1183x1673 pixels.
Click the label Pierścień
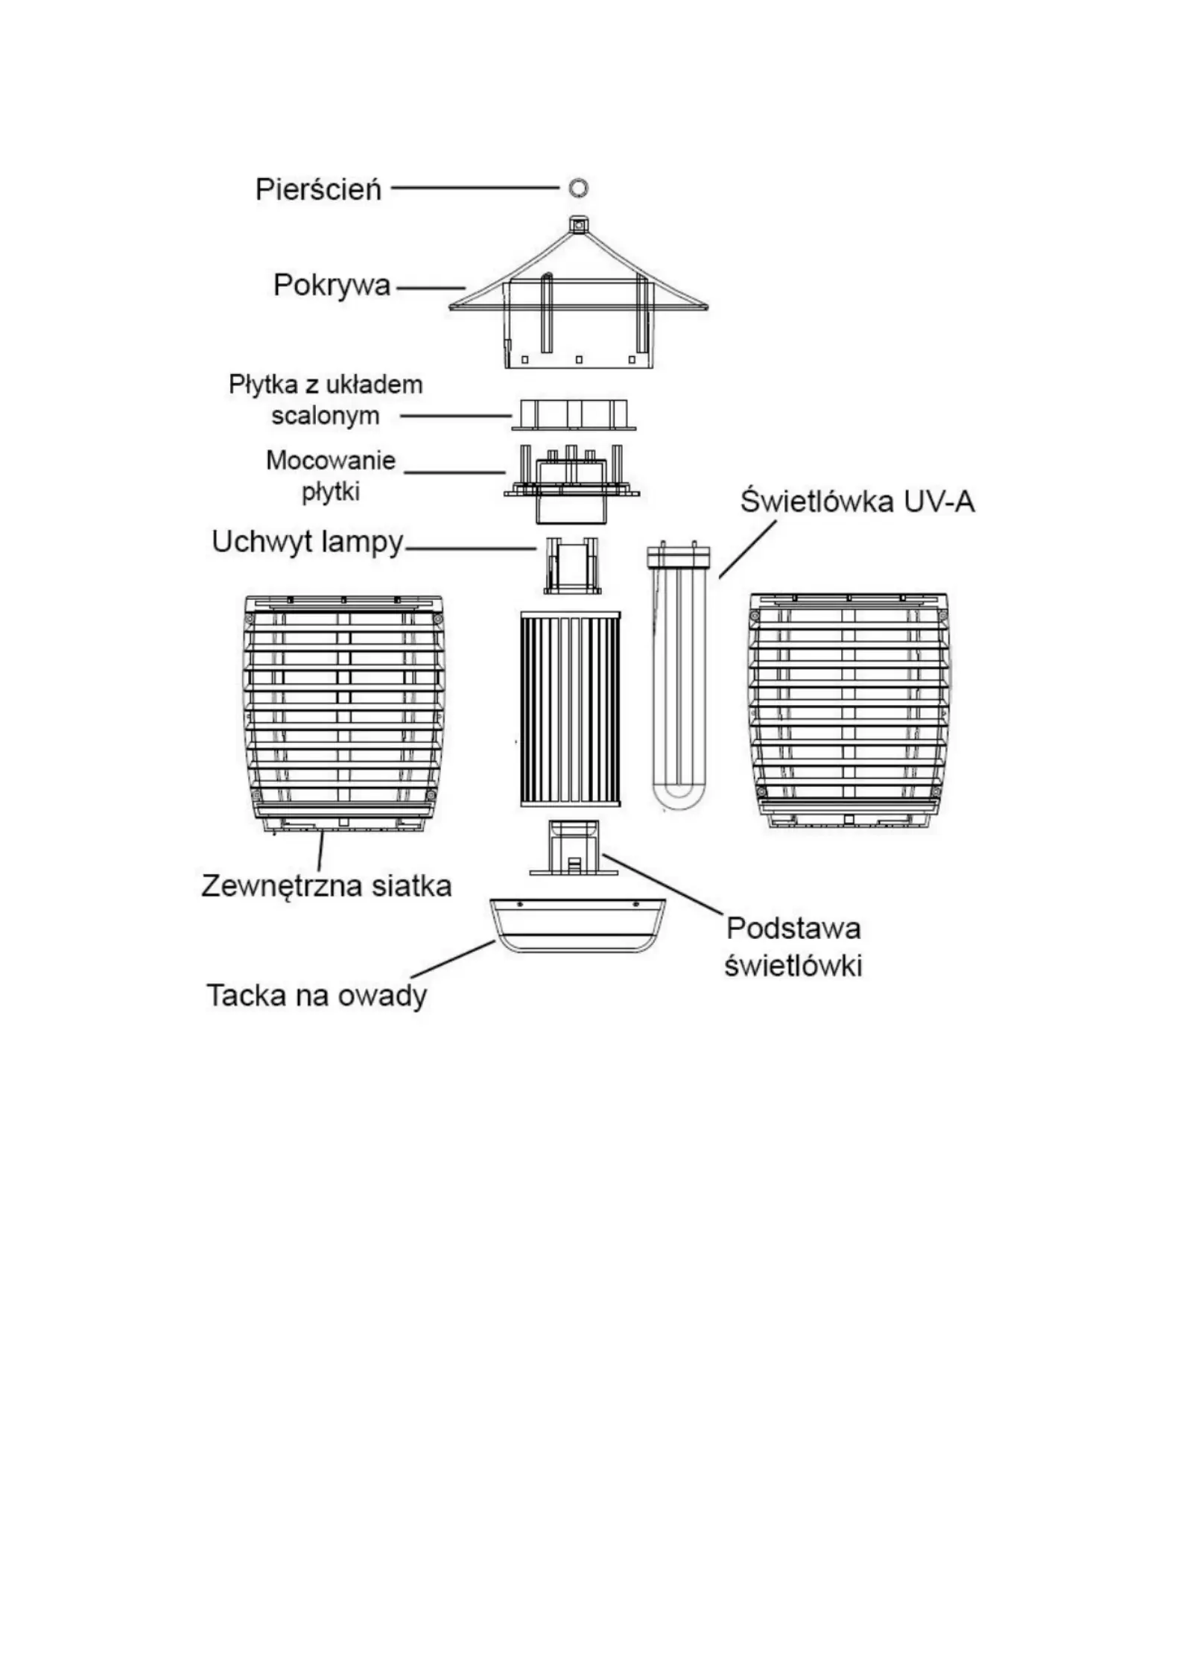click(318, 189)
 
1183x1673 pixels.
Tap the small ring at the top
click(579, 187)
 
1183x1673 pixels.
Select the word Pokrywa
click(332, 285)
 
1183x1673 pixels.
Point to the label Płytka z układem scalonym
click(326, 400)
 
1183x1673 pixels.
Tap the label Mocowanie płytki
click(331, 475)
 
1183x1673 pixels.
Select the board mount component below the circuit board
click(572, 483)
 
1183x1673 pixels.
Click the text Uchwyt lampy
click(307, 542)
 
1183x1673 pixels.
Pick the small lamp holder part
click(572, 565)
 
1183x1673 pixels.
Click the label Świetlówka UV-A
click(857, 501)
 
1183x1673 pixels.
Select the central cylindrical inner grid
click(570, 709)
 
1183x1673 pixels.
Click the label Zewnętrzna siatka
click(326, 885)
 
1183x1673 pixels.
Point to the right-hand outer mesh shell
click(850, 712)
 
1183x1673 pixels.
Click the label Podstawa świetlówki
click(793, 946)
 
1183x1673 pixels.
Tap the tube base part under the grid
click(574, 847)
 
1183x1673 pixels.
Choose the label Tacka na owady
click(317, 996)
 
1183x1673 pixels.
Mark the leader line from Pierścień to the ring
click(475, 188)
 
